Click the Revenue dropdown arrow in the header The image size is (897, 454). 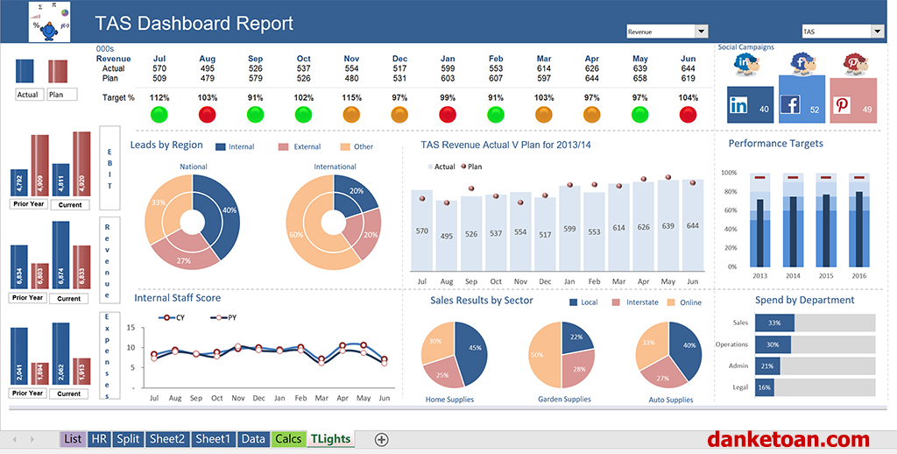point(701,32)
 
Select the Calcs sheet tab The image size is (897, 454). point(287,439)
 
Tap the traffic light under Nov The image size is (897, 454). point(351,114)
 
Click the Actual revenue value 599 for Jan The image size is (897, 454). point(448,68)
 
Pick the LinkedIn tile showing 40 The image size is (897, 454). point(750,104)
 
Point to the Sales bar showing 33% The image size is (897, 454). point(775,323)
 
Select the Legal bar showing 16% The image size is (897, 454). point(765,387)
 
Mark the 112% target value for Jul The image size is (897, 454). point(159,97)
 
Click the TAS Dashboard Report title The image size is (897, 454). point(194,24)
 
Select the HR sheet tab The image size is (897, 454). point(99,439)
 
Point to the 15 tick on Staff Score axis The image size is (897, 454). point(130,328)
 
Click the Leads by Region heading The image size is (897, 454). point(166,145)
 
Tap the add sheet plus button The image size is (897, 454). point(381,439)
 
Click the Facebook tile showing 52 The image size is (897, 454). point(802,99)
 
